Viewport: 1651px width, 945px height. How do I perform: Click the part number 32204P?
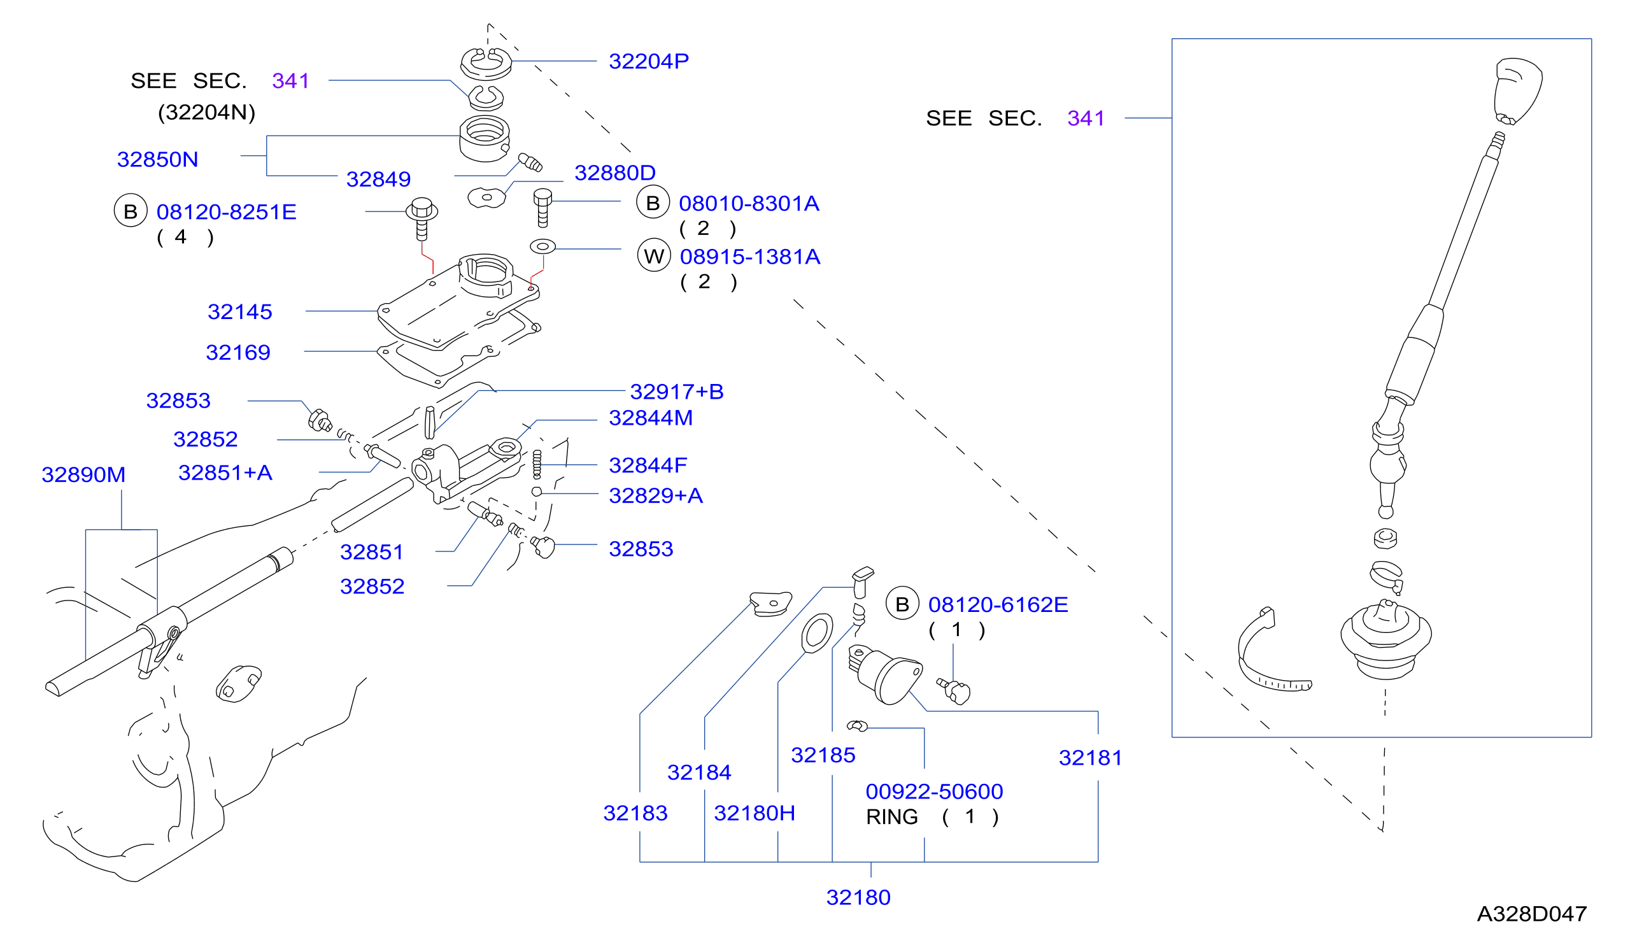click(x=648, y=61)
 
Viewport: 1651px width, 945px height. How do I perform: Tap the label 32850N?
click(x=158, y=160)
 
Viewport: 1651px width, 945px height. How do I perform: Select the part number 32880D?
click(x=615, y=173)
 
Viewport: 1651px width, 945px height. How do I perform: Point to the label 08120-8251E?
click(x=227, y=212)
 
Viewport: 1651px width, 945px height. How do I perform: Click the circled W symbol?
click(x=653, y=256)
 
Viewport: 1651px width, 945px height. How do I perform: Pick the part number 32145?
click(x=239, y=311)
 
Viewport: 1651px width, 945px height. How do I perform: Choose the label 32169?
click(x=238, y=352)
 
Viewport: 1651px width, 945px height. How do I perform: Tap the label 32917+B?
click(x=677, y=392)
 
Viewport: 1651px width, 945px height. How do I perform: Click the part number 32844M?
click(x=651, y=418)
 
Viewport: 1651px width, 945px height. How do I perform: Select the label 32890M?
click(x=83, y=475)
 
